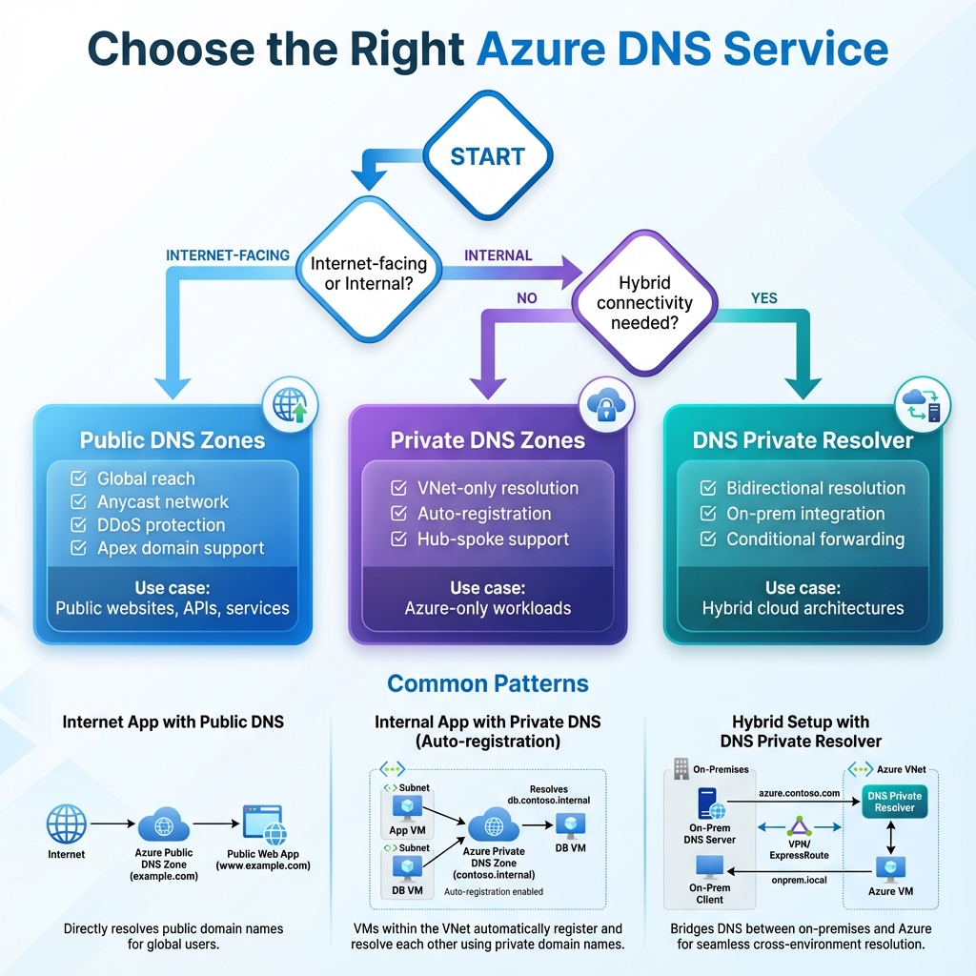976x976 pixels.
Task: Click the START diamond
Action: point(487,156)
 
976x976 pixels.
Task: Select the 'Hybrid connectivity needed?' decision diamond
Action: point(643,303)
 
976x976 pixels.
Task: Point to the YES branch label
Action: point(763,298)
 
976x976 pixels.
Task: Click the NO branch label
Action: point(526,298)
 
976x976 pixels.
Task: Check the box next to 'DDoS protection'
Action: point(79,525)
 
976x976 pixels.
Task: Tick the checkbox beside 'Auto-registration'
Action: point(399,514)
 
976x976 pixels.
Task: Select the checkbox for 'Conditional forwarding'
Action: point(708,539)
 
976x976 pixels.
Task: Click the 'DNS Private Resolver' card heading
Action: point(803,440)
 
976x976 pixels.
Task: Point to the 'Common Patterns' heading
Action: point(487,683)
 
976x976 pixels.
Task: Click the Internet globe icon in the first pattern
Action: point(67,822)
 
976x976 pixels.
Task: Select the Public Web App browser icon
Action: point(263,823)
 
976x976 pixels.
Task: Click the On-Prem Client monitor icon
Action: point(709,867)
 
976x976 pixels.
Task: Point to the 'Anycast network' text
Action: point(163,502)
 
